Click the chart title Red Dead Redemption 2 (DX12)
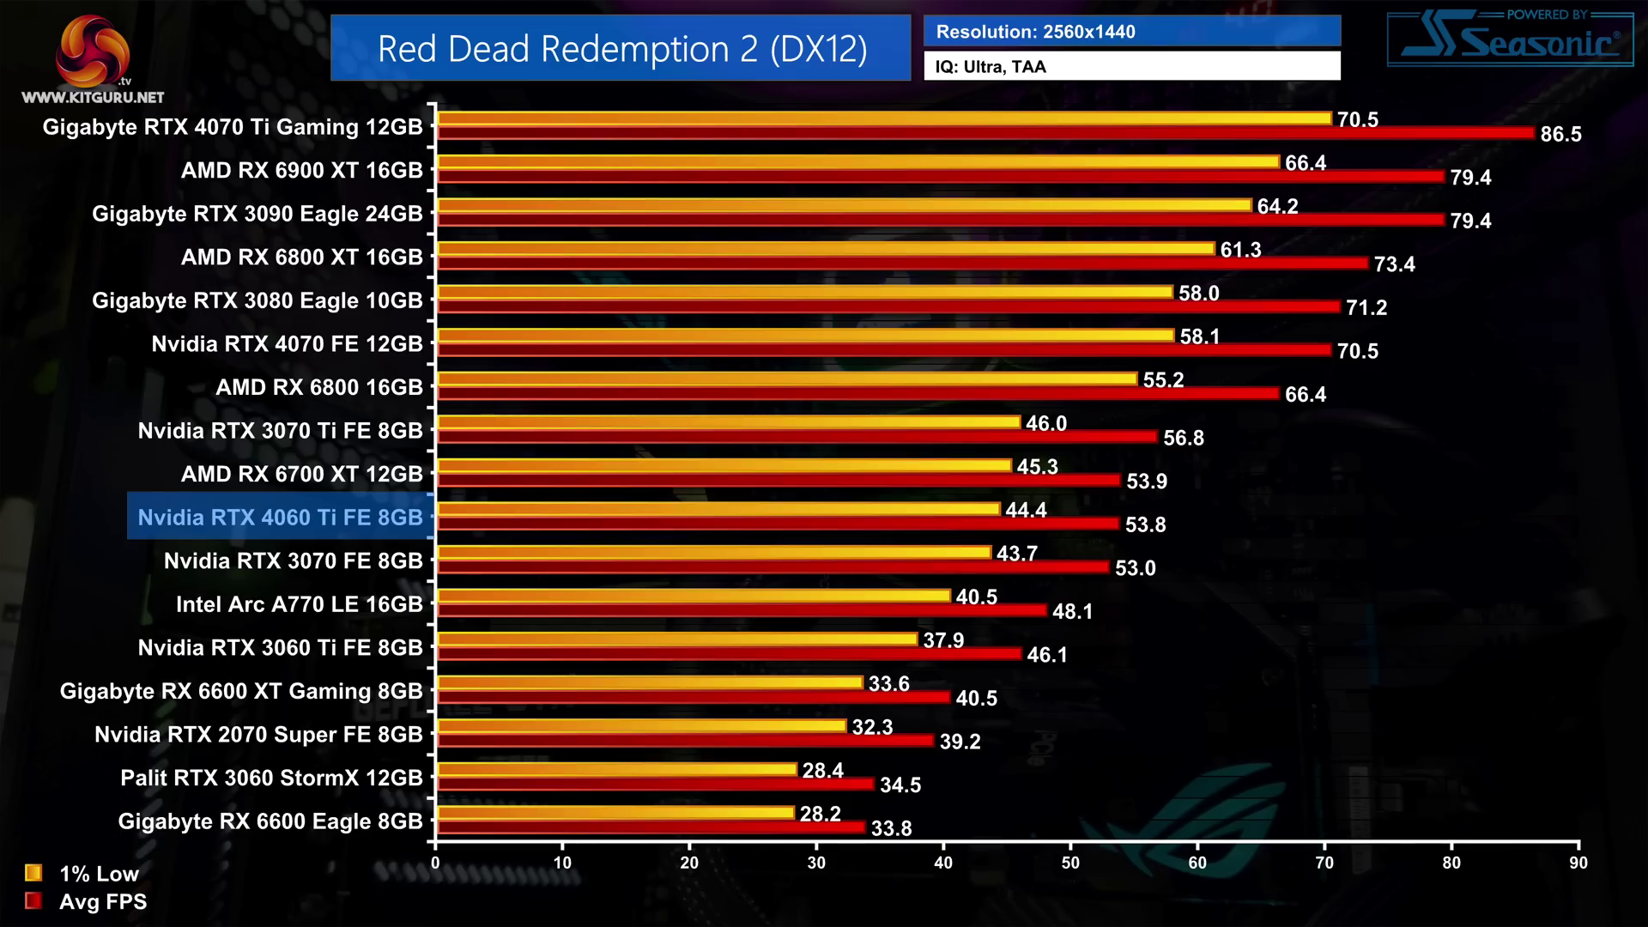[x=621, y=49]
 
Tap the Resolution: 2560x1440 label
[x=1035, y=32]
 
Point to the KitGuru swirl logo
[x=93, y=51]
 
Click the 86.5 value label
[x=1560, y=134]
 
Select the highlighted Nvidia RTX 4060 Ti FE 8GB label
[x=281, y=517]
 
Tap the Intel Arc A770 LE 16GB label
[x=300, y=604]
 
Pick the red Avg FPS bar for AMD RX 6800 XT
[x=901, y=263]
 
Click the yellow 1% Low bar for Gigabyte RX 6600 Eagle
[x=616, y=812]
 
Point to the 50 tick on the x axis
[x=1070, y=863]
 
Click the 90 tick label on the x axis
[x=1578, y=863]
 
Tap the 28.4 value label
[x=822, y=771]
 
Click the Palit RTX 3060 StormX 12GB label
[x=271, y=778]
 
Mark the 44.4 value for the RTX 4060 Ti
[x=1026, y=510]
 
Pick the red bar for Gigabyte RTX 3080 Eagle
[x=888, y=306]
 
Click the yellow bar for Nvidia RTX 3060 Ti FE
[x=678, y=639]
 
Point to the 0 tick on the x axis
[x=435, y=863]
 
